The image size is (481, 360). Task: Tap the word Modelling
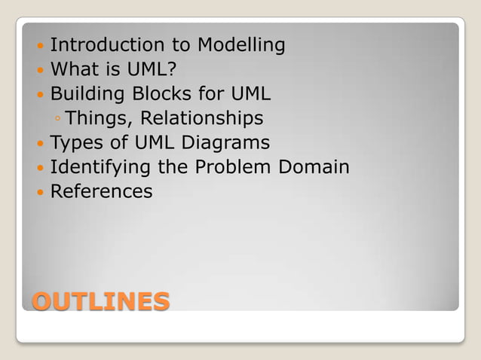241,46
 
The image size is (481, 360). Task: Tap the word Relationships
202,118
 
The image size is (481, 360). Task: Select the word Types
78,142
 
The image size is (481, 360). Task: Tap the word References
101,191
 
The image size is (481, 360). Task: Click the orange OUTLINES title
100,301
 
